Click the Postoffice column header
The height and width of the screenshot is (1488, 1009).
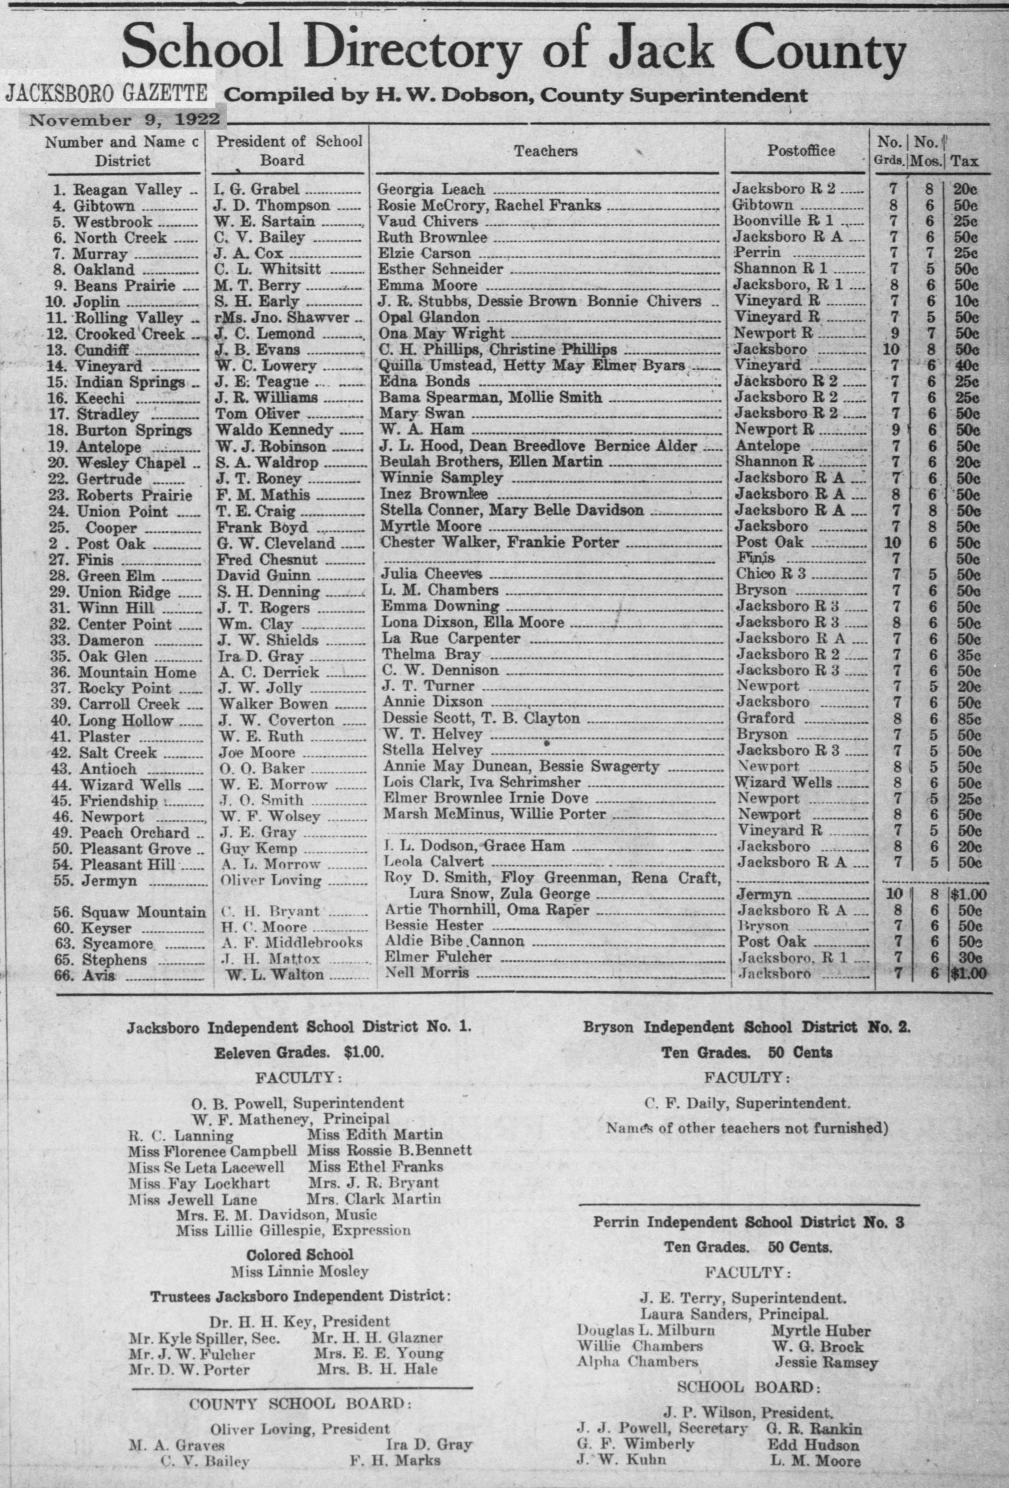point(801,151)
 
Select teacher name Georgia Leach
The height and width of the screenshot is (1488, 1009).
point(431,189)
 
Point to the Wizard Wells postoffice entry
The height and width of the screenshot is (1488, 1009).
point(784,783)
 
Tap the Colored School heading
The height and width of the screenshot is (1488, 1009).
point(300,1255)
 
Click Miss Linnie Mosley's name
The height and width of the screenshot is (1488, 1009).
point(300,1272)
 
